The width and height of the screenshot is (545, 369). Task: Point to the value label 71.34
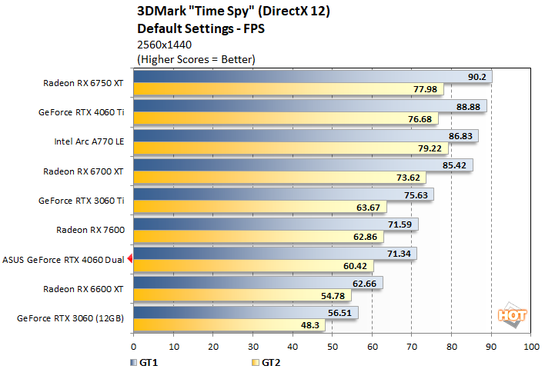pos(400,253)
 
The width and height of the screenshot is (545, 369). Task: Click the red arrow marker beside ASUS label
pos(130,260)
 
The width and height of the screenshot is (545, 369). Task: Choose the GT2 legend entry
pos(266,360)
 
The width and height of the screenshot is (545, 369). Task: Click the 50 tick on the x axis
pos(333,347)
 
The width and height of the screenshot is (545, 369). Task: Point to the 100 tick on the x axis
pos(530,347)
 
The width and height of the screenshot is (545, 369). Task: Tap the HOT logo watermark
pos(507,314)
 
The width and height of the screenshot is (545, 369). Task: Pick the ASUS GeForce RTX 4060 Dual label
pos(63,260)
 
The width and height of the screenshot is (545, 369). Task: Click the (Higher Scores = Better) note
pos(196,58)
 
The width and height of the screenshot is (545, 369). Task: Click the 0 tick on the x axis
pos(134,347)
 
